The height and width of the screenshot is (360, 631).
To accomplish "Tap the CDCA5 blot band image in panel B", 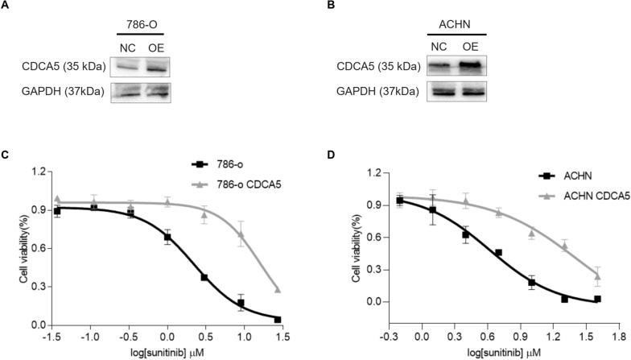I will [x=456, y=66].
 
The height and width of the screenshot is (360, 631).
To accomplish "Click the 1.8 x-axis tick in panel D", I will [x=617, y=332].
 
